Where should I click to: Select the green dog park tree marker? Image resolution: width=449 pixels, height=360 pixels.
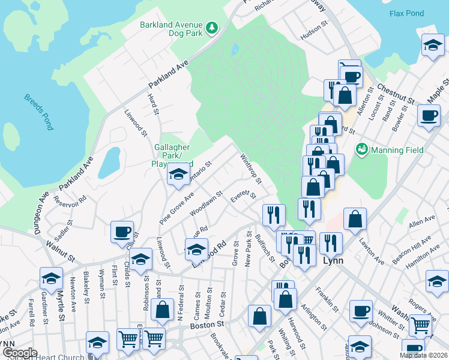click(x=211, y=27)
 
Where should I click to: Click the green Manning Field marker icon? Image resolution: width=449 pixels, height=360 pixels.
click(x=361, y=149)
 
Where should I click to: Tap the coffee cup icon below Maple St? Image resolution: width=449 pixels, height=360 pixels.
click(x=429, y=116)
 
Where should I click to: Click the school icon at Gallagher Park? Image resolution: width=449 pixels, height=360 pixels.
click(x=178, y=175)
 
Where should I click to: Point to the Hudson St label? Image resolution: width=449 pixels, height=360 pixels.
click(x=315, y=36)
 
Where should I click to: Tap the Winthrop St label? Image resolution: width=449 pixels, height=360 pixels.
click(x=251, y=169)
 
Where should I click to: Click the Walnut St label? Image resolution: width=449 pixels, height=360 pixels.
click(x=60, y=251)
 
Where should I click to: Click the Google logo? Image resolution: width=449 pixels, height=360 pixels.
click(x=20, y=353)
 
